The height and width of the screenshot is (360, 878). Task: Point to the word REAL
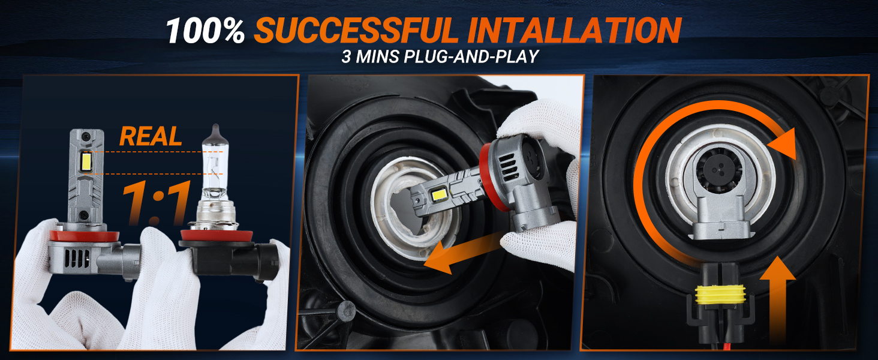pos(150,137)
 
